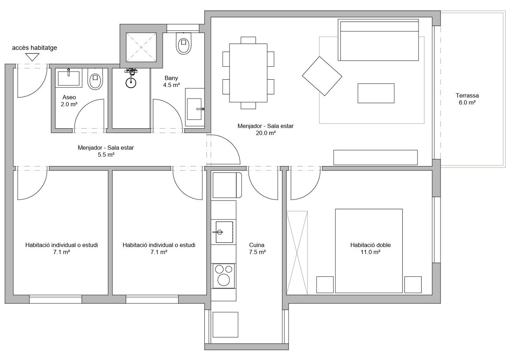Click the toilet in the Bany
[184, 43]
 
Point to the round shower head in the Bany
[131, 83]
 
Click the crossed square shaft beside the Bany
[141, 47]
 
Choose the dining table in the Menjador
[248, 73]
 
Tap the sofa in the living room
[378, 40]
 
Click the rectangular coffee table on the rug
[376, 93]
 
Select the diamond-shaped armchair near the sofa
[322, 76]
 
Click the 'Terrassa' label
[467, 95]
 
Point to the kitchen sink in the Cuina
[224, 232]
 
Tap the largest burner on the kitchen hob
[224, 280]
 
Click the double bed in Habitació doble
[369, 251]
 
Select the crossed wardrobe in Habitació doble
[297, 253]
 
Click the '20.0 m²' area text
[266, 133]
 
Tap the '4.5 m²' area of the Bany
[171, 85]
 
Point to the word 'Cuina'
[257, 245]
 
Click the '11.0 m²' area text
[370, 252]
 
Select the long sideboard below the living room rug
[376, 157]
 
